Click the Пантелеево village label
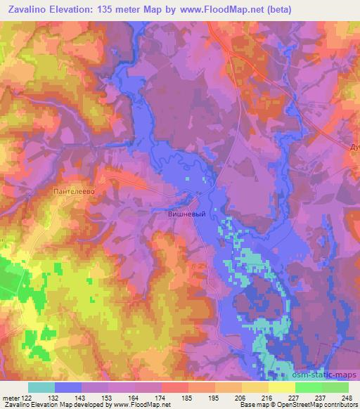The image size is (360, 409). click(x=73, y=190)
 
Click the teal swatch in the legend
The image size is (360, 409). click(x=41, y=387)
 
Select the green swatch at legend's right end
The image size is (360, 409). click(x=335, y=387)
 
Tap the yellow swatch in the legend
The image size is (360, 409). click(x=281, y=387)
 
